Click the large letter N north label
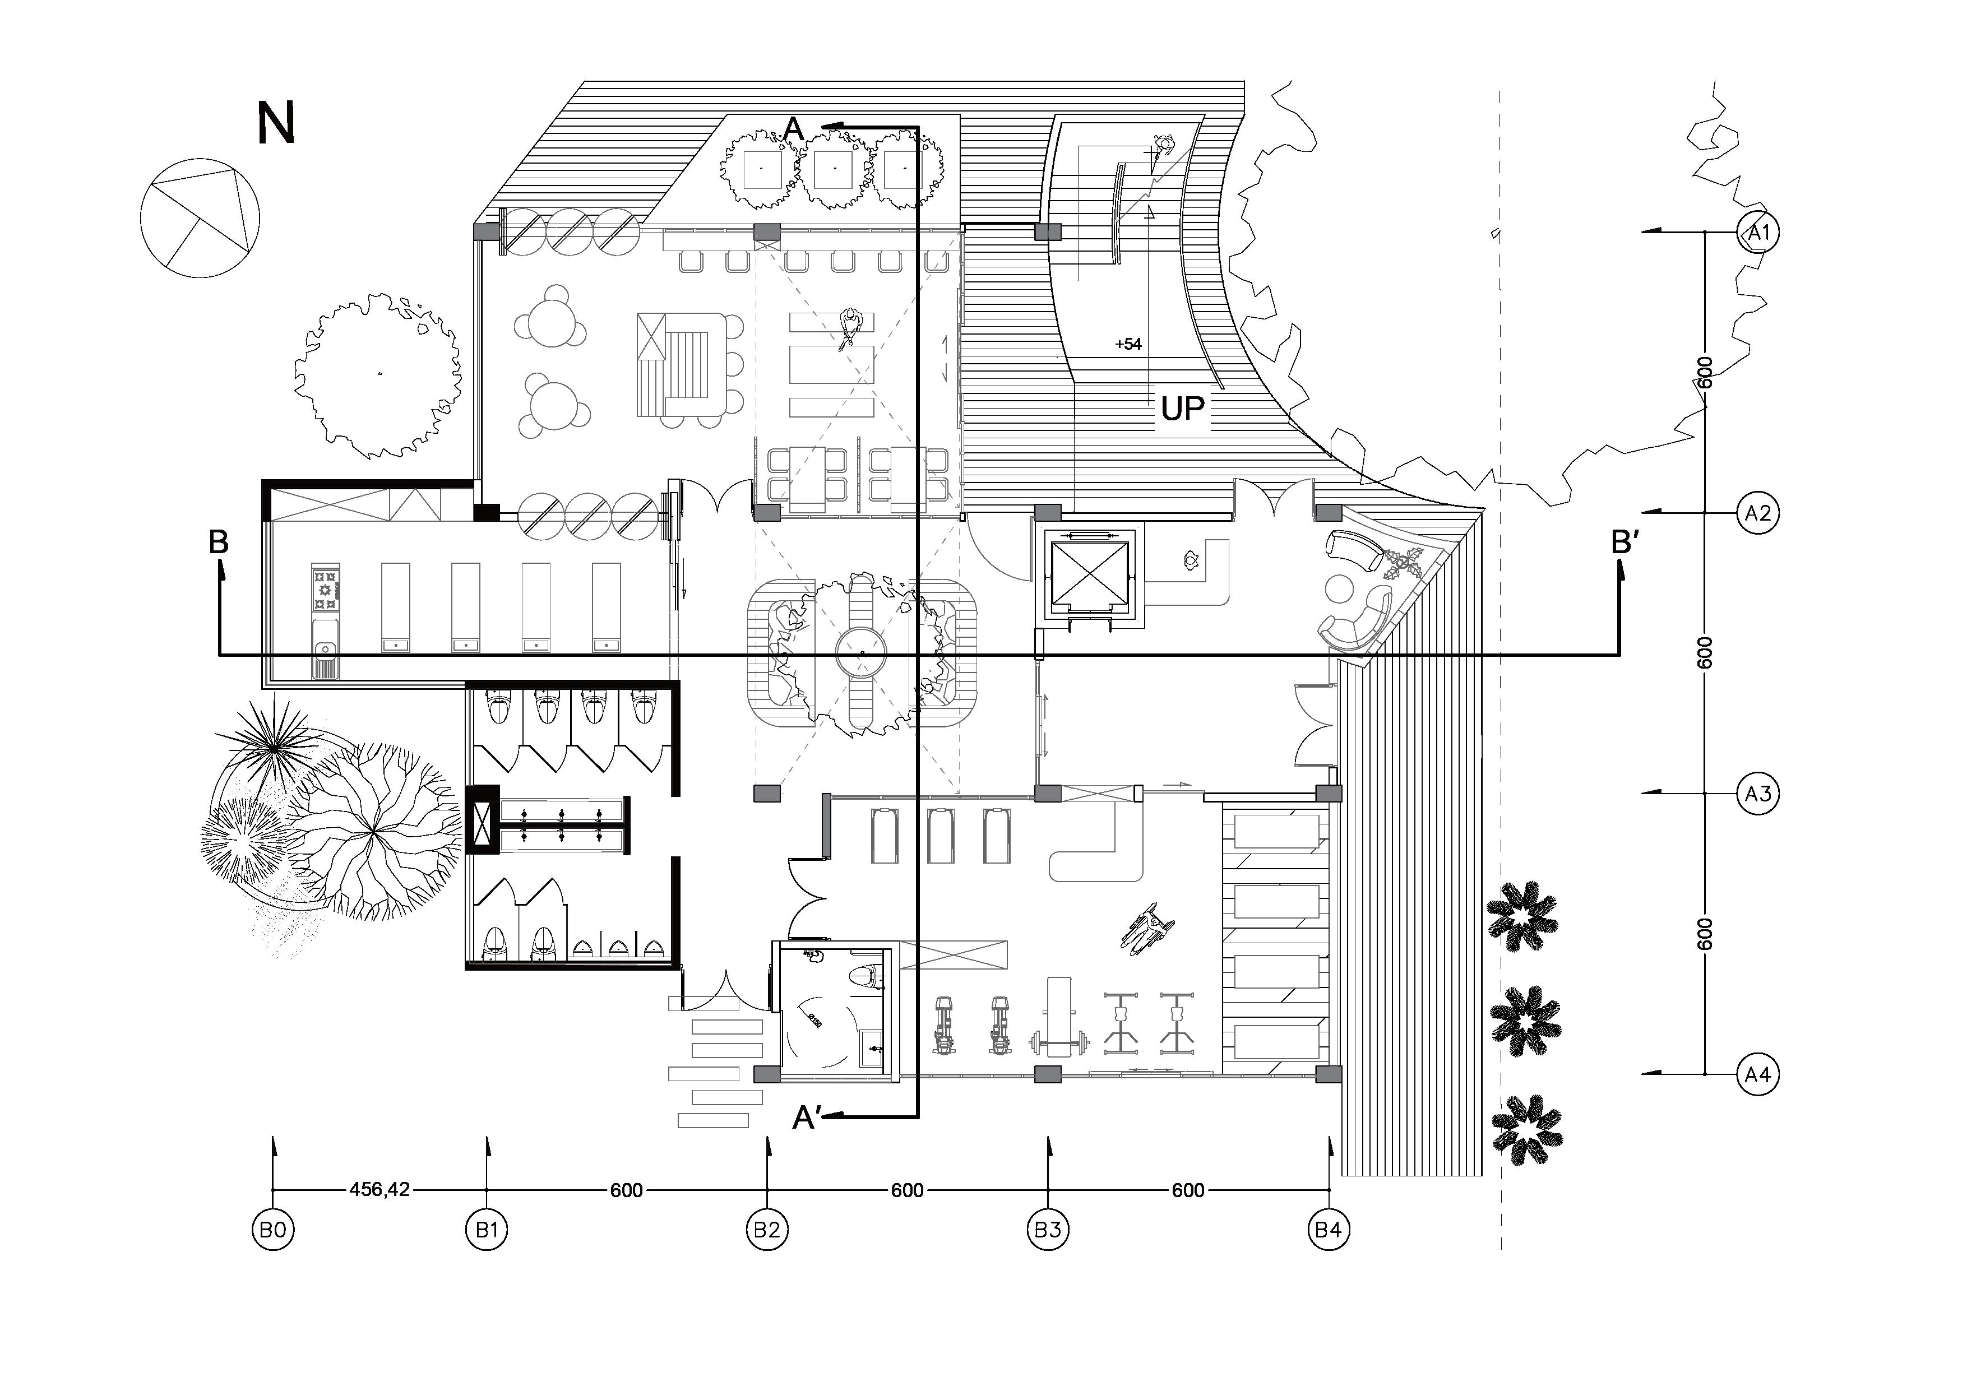(276, 123)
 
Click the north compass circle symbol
(200, 219)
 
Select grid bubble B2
(767, 1231)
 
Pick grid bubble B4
(1328, 1231)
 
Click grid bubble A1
(1758, 232)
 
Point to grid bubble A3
(1758, 794)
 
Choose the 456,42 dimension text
(379, 1190)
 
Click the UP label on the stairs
(1182, 410)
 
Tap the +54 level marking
(1128, 344)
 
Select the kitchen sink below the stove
(326, 660)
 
